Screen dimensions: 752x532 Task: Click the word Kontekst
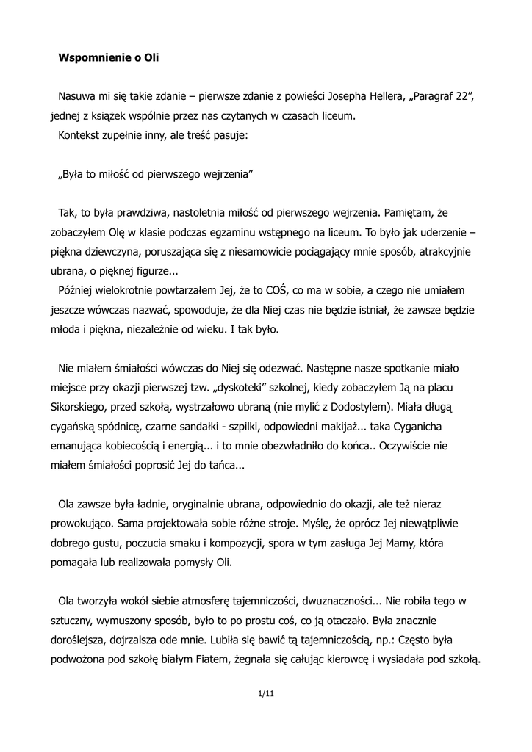tap(81, 136)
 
